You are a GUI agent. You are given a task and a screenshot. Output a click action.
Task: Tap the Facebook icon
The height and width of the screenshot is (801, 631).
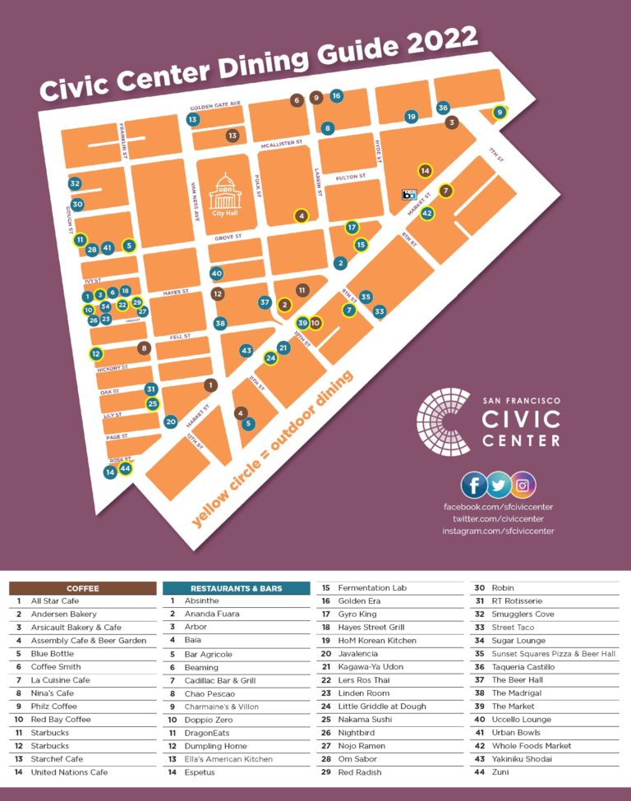click(x=473, y=485)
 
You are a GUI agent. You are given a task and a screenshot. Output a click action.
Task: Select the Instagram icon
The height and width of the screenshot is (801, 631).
click(x=523, y=485)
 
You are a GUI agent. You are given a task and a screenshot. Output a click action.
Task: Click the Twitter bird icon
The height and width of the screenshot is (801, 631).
click(x=498, y=485)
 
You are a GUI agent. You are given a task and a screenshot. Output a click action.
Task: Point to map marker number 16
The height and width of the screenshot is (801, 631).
click(x=336, y=95)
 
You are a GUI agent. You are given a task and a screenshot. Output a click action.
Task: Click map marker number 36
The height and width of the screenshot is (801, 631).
click(x=443, y=108)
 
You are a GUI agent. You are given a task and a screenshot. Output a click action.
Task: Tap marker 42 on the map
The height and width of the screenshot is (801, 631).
click(x=426, y=213)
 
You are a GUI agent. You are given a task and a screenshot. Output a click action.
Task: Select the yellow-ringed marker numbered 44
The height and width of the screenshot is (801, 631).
click(x=125, y=468)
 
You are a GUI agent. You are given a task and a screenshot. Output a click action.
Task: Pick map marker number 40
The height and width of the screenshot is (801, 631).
click(x=217, y=273)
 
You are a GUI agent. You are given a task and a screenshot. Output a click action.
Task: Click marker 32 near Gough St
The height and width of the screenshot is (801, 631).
click(x=75, y=183)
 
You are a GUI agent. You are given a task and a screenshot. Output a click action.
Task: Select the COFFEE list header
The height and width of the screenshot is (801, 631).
click(x=82, y=588)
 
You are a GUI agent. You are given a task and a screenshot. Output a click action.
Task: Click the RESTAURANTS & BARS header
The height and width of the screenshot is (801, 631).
click(x=236, y=588)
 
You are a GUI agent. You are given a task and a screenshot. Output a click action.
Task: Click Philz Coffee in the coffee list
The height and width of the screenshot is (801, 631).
click(x=53, y=707)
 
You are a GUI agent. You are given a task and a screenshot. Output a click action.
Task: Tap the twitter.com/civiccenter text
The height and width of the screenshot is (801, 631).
click(x=498, y=518)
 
